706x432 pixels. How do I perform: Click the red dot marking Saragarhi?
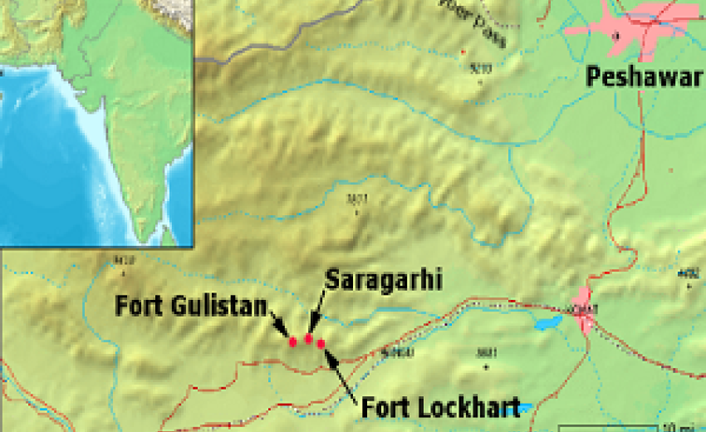coord(308,338)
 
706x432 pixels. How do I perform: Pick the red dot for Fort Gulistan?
coord(292,341)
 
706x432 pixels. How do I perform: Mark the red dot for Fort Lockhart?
coord(321,343)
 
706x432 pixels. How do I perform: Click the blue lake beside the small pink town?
coord(547,322)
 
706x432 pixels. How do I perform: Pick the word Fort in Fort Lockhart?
coord(385,407)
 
